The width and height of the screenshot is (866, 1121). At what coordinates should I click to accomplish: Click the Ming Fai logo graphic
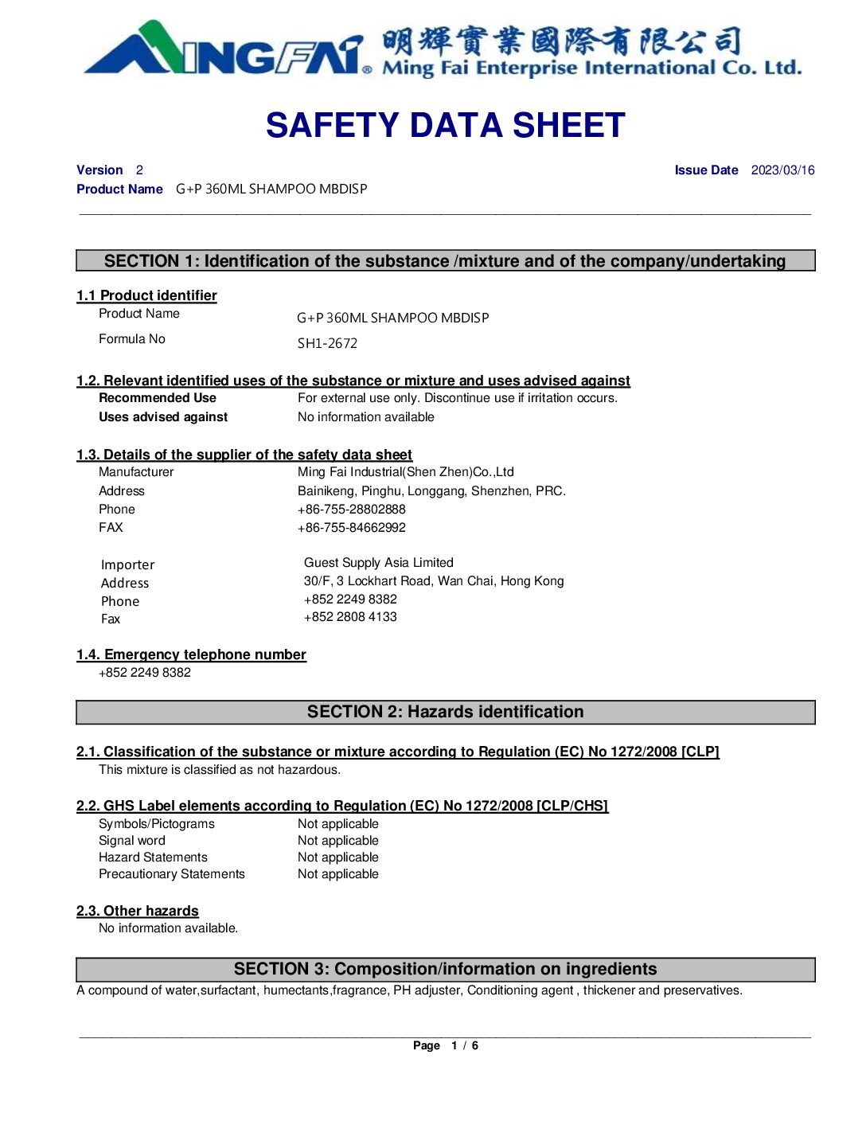[227, 49]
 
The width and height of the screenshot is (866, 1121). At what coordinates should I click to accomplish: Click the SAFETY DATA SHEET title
[445, 126]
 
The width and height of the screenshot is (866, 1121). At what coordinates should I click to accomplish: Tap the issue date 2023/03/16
[782, 170]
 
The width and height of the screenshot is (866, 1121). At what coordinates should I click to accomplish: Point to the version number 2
[139, 170]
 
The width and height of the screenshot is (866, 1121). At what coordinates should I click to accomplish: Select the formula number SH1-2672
[327, 344]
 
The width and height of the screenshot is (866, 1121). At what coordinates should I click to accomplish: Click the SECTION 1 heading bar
[445, 261]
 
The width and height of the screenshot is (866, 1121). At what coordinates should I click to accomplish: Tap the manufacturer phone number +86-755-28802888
[351, 510]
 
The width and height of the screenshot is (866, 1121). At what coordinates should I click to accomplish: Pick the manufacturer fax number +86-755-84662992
[351, 528]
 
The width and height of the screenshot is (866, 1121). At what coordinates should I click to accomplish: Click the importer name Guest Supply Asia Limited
[378, 563]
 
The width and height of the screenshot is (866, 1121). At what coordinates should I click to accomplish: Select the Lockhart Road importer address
[433, 581]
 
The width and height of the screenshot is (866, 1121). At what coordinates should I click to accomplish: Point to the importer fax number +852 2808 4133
[350, 617]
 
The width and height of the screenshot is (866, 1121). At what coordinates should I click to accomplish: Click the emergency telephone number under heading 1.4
[145, 673]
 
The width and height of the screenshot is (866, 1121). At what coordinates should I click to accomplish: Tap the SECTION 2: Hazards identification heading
[445, 713]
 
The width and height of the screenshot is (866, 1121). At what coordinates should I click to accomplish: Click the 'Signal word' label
[132, 841]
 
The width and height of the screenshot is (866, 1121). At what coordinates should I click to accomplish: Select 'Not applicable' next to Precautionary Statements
[337, 874]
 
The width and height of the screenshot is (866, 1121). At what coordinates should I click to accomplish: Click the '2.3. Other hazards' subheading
[138, 911]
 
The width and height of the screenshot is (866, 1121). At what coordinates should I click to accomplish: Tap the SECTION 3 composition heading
[445, 970]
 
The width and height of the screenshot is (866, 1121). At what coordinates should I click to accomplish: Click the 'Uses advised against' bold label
[163, 417]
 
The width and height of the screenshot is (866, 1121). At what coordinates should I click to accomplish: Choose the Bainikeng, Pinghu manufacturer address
[431, 491]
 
